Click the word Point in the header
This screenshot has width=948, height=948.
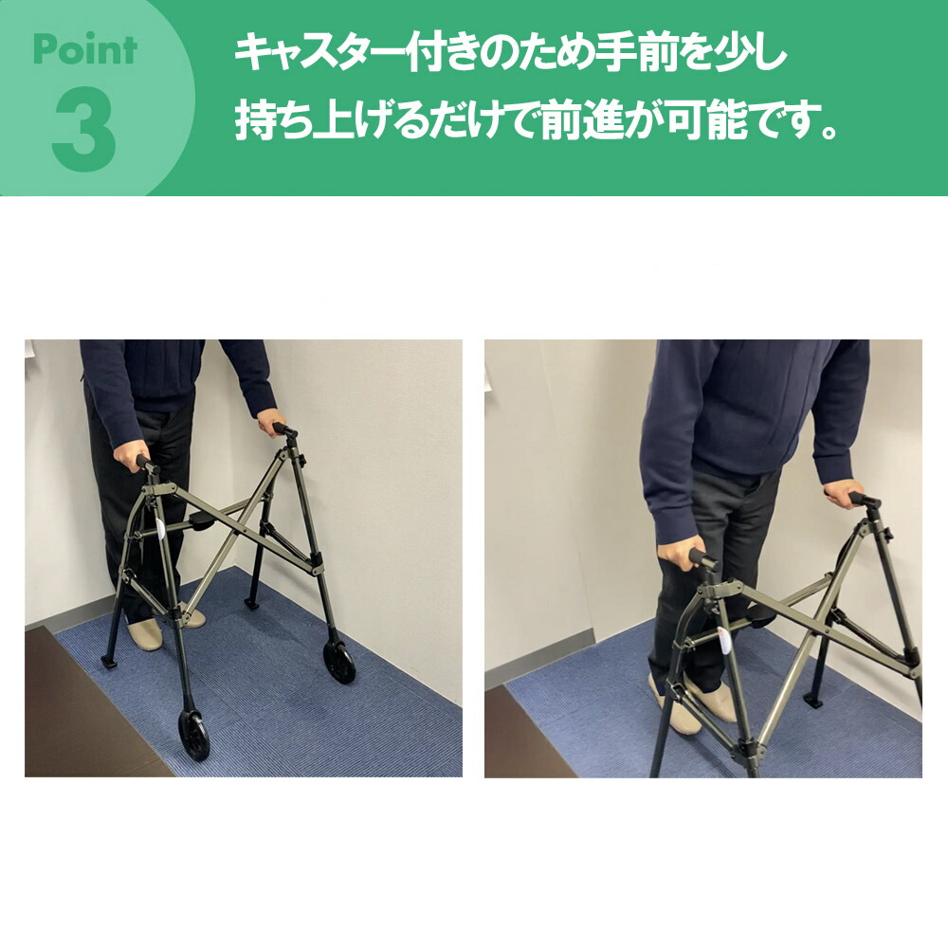click(x=84, y=48)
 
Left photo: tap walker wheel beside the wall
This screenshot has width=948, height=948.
click(x=339, y=661)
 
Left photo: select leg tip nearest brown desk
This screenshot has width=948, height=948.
click(x=109, y=660)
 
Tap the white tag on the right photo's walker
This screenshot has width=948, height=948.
click(x=723, y=636)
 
